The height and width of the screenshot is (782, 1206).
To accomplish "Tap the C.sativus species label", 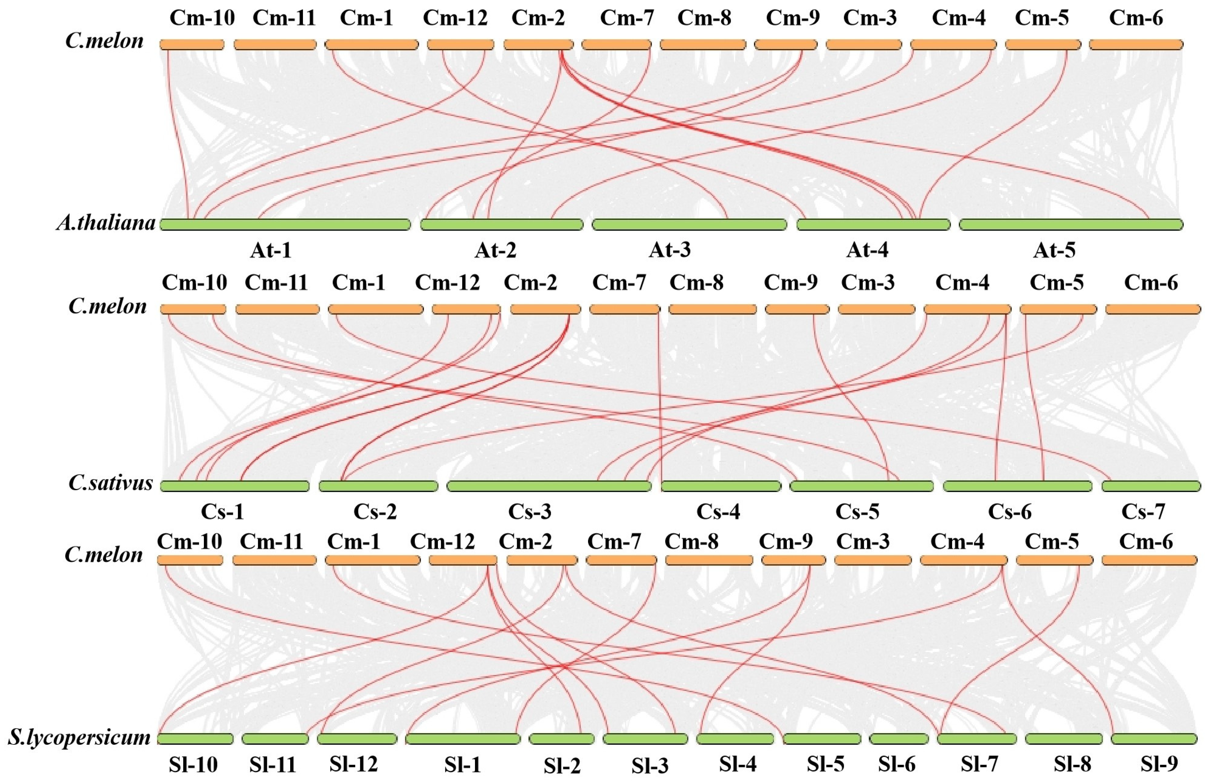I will (x=111, y=483).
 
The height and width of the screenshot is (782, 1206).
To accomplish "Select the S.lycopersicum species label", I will (x=79, y=737).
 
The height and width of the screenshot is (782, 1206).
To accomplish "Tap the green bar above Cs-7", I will (x=1151, y=486).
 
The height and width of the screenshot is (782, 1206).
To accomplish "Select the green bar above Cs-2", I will (x=378, y=486).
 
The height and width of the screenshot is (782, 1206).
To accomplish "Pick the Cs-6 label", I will (x=1009, y=512).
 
